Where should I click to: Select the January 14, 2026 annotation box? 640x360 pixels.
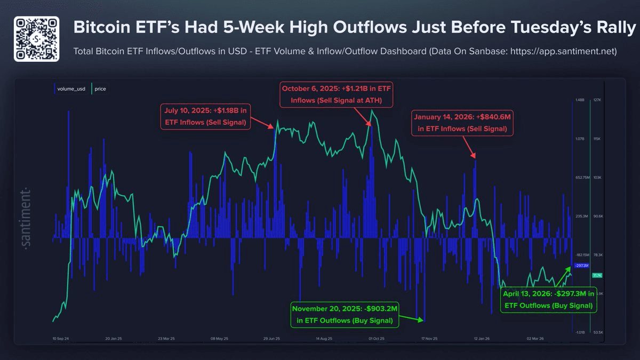click(462, 122)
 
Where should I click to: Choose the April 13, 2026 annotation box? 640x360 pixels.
click(548, 300)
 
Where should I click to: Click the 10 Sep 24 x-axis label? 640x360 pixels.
click(62, 338)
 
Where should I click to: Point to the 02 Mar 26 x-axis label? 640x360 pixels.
click(534, 338)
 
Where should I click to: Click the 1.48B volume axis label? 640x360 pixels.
click(580, 100)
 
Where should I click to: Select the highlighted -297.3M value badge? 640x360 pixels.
click(581, 266)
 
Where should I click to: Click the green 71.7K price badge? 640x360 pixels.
click(597, 275)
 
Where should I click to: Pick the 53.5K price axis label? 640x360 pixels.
click(597, 332)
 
